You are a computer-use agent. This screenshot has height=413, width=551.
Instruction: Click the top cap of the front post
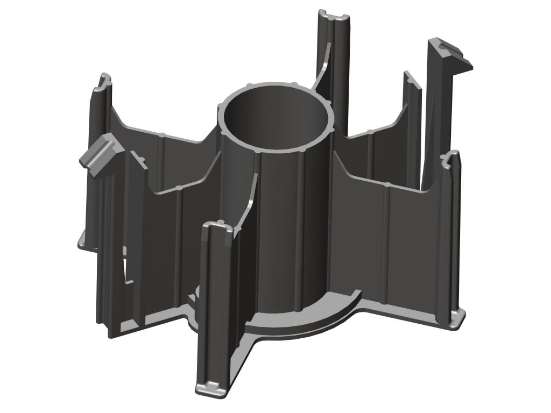[x=218, y=228]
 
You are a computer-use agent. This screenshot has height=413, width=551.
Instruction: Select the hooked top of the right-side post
[x=451, y=158]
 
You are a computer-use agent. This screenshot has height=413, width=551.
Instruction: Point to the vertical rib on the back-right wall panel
[x=371, y=156]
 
